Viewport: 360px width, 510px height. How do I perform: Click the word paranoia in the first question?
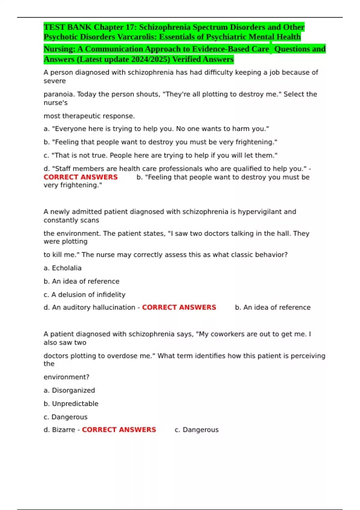tap(59, 94)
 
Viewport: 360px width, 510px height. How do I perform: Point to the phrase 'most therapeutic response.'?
tap(89, 116)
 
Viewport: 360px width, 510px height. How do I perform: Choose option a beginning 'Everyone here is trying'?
tap(156, 129)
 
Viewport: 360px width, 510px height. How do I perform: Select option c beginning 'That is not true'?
tap(160, 155)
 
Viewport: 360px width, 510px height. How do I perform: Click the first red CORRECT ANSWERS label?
tap(81, 177)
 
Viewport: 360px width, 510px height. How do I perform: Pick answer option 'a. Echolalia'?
tap(62, 268)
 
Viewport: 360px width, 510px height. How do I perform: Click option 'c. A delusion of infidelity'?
tap(85, 295)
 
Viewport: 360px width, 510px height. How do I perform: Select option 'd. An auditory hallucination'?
tap(89, 307)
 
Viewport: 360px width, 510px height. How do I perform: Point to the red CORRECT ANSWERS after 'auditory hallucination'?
tap(179, 307)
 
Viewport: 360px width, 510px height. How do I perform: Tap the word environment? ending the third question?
tap(66, 377)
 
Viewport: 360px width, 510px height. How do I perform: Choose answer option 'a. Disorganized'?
tap(69, 390)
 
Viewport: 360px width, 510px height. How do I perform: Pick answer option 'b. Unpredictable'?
tap(71, 404)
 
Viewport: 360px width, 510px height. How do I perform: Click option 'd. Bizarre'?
tap(59, 430)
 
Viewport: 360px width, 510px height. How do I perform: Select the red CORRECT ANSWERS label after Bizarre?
tap(119, 430)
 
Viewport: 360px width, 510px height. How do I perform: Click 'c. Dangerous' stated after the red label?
tap(196, 430)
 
